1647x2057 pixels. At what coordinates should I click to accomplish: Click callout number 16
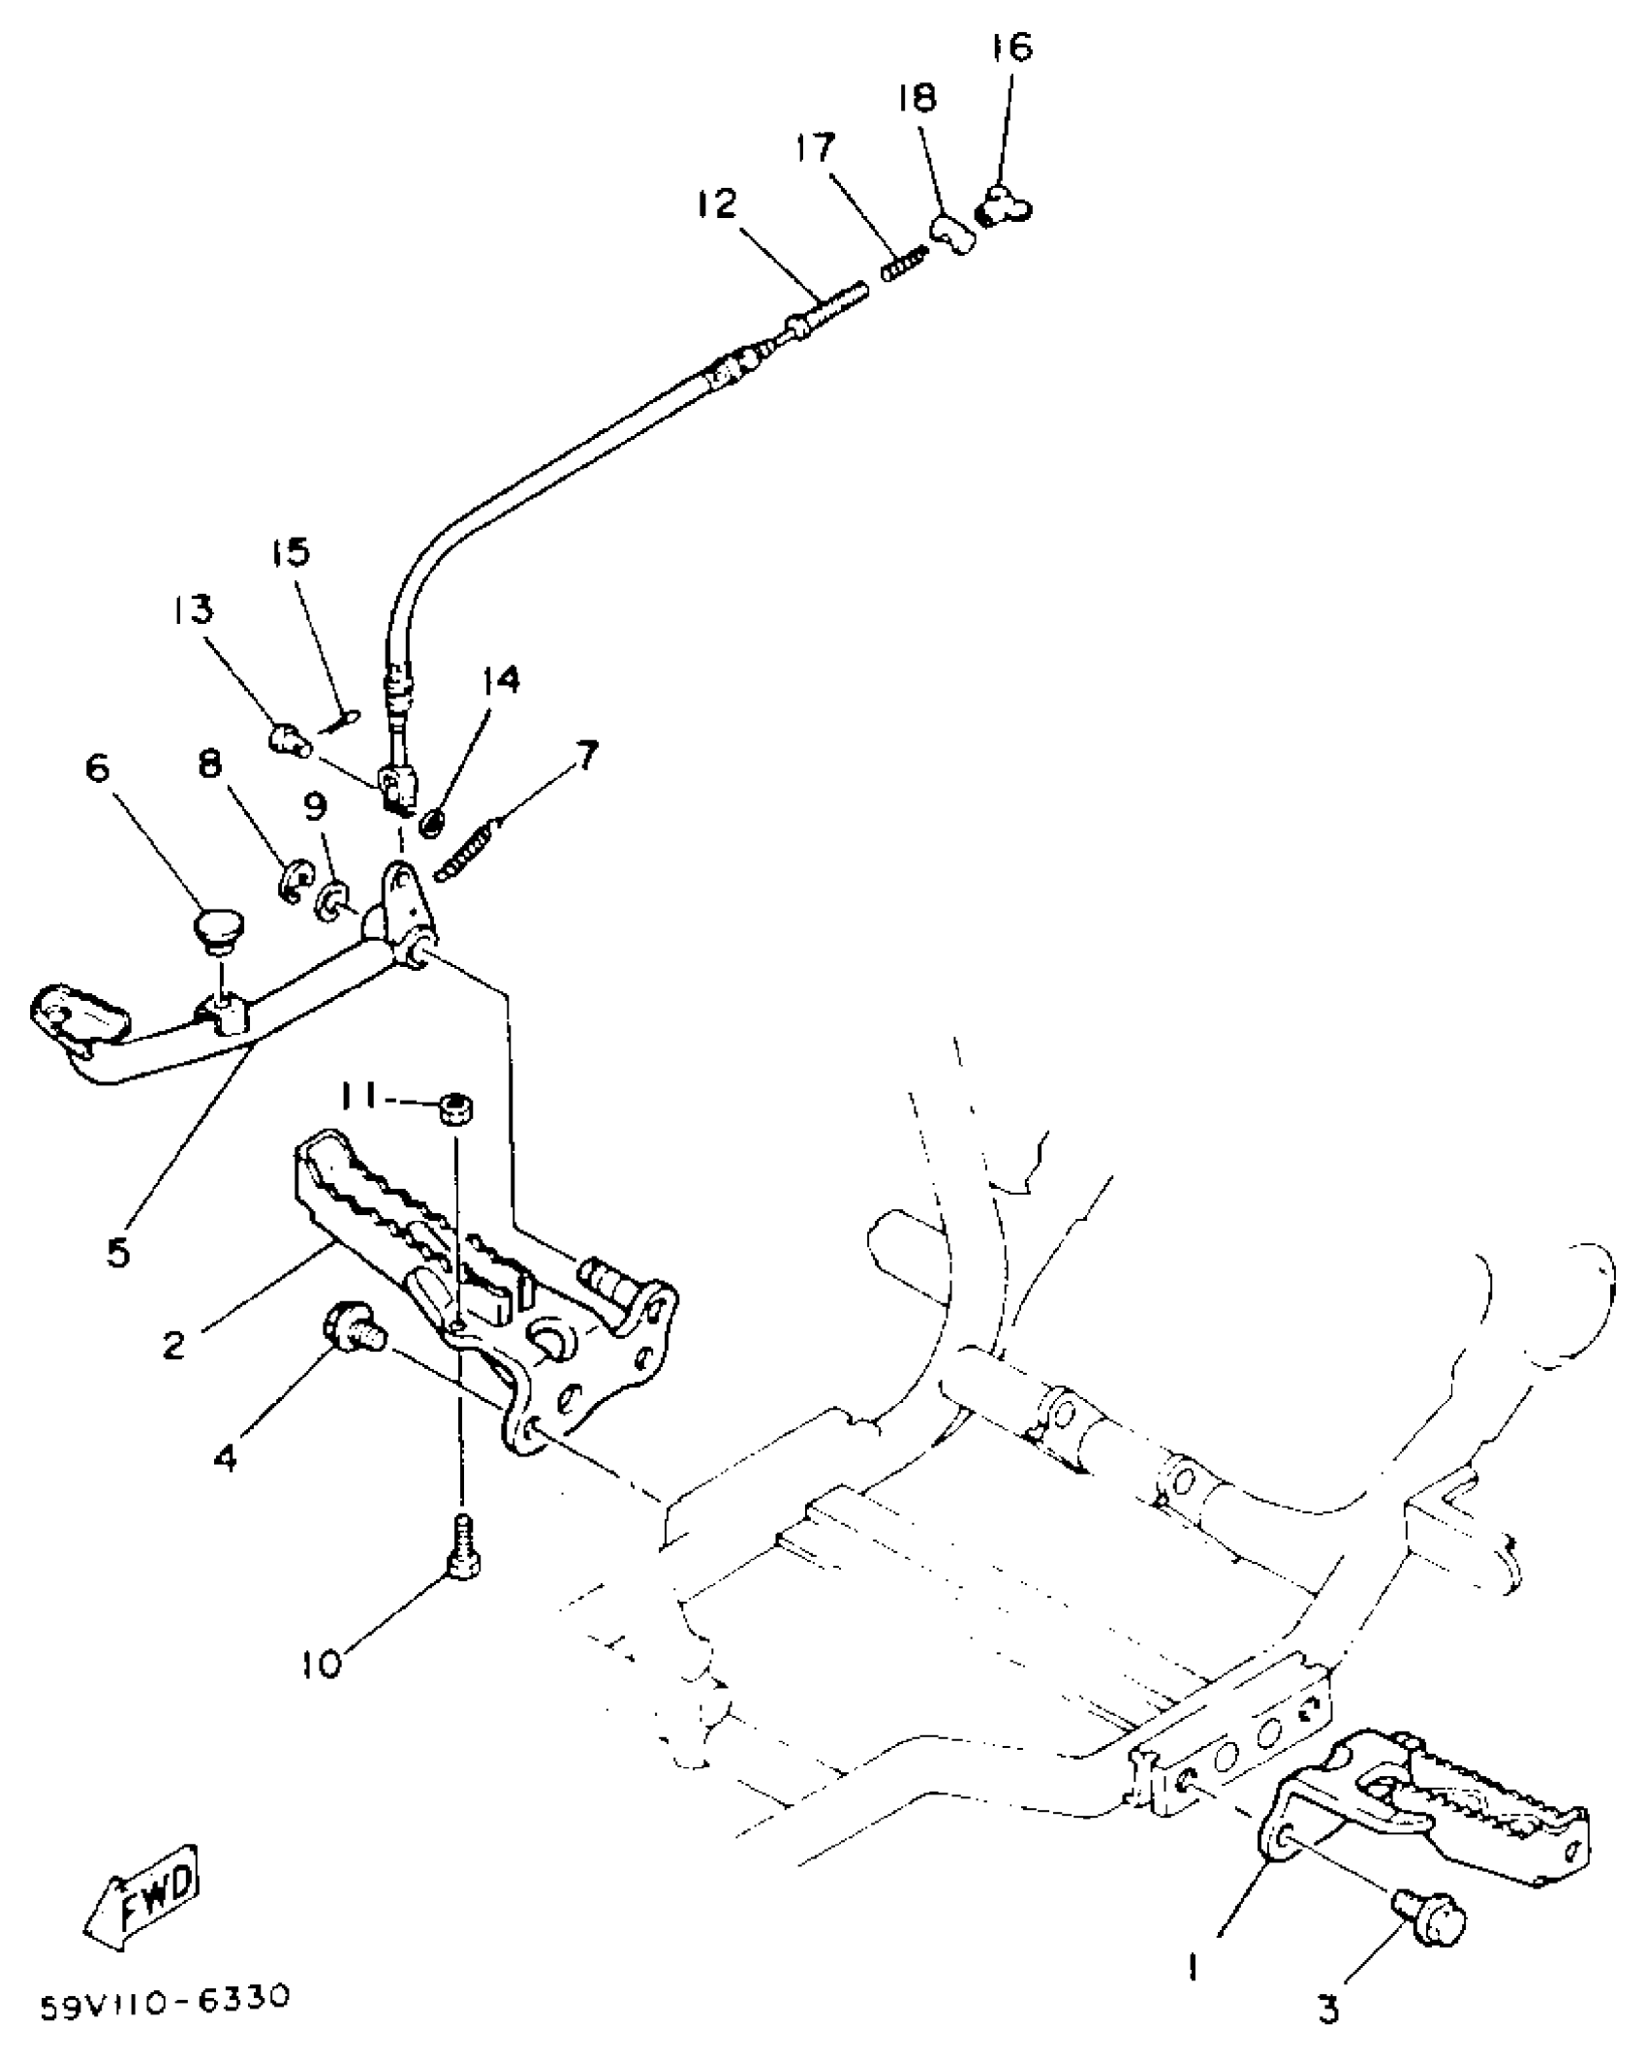point(1012,47)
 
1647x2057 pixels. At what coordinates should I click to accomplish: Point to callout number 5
point(117,1253)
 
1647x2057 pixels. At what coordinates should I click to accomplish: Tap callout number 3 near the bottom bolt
point(1329,2008)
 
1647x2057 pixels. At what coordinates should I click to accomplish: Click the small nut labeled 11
point(454,1106)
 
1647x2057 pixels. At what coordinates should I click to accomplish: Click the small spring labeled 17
point(905,263)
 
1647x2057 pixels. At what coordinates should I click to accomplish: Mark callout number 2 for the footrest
point(174,1345)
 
